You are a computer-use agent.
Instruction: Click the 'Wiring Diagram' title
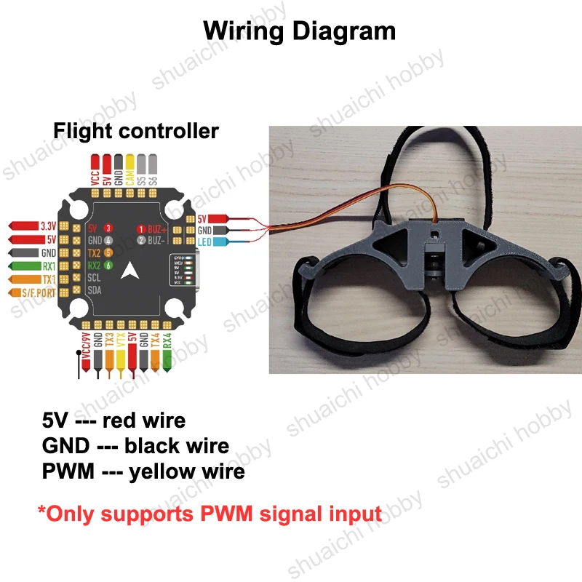[299, 31]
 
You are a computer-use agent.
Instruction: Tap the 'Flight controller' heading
[136, 131]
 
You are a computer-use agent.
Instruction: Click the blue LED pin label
[205, 242]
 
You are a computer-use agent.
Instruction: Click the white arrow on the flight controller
[130, 271]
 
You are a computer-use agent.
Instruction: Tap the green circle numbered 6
[108, 266]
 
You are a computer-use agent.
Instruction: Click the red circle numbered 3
[108, 228]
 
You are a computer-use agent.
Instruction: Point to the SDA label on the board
[95, 290]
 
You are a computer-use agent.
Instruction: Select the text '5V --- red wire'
[114, 420]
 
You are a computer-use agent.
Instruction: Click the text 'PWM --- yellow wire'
[144, 471]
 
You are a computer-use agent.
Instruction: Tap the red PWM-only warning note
[210, 514]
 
